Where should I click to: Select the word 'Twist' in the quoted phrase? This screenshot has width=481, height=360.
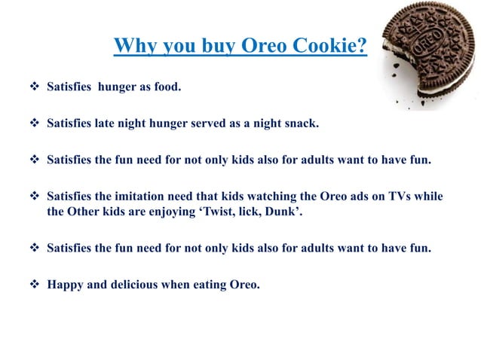pyautogui.click(x=242, y=211)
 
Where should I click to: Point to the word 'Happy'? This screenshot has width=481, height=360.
pyautogui.click(x=63, y=284)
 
